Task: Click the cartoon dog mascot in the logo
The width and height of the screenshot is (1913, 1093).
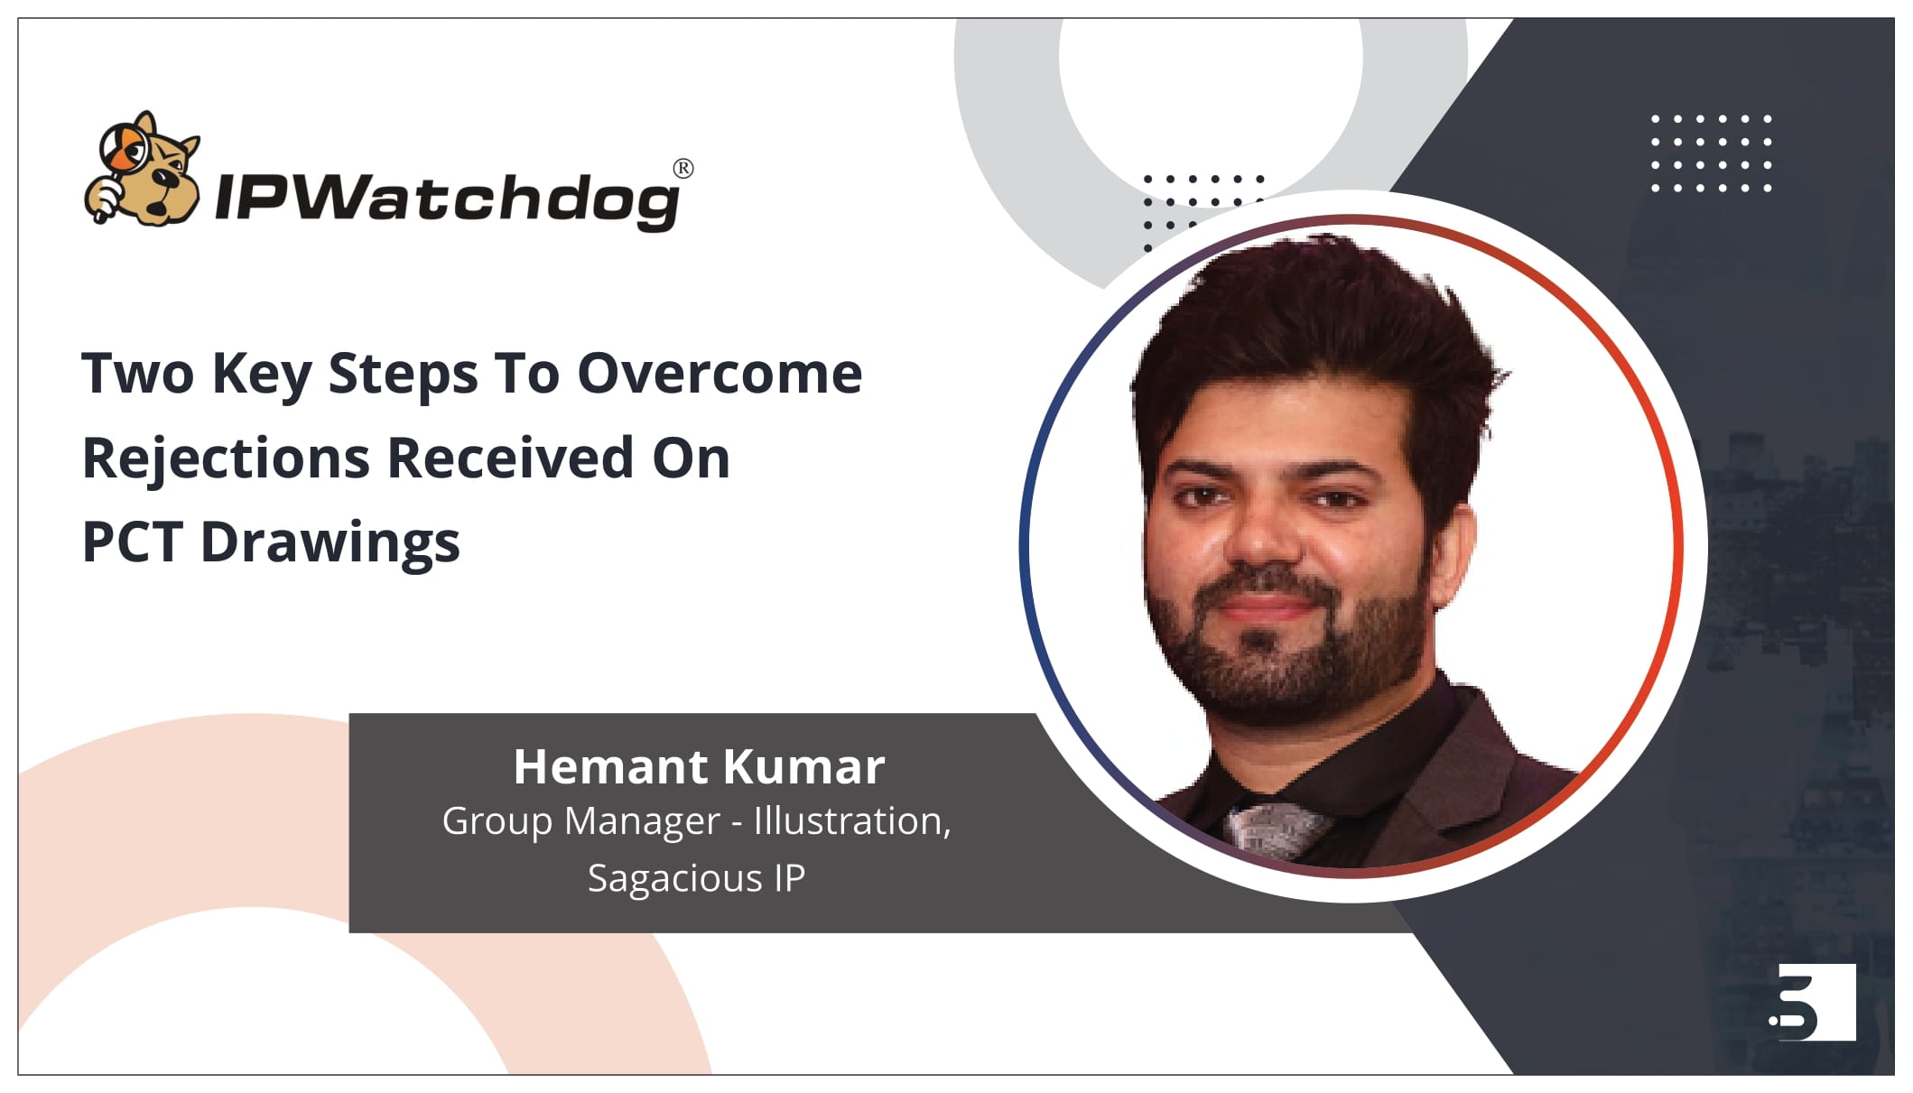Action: click(142, 169)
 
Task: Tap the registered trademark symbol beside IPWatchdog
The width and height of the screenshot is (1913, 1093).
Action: click(683, 169)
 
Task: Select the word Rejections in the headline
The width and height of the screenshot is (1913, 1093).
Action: click(226, 459)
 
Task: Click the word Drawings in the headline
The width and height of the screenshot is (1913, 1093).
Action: click(330, 544)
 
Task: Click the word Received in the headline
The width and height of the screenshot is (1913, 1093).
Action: click(511, 458)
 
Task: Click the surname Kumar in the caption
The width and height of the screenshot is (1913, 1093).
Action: click(803, 767)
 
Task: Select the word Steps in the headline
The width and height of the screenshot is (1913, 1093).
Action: click(403, 375)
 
